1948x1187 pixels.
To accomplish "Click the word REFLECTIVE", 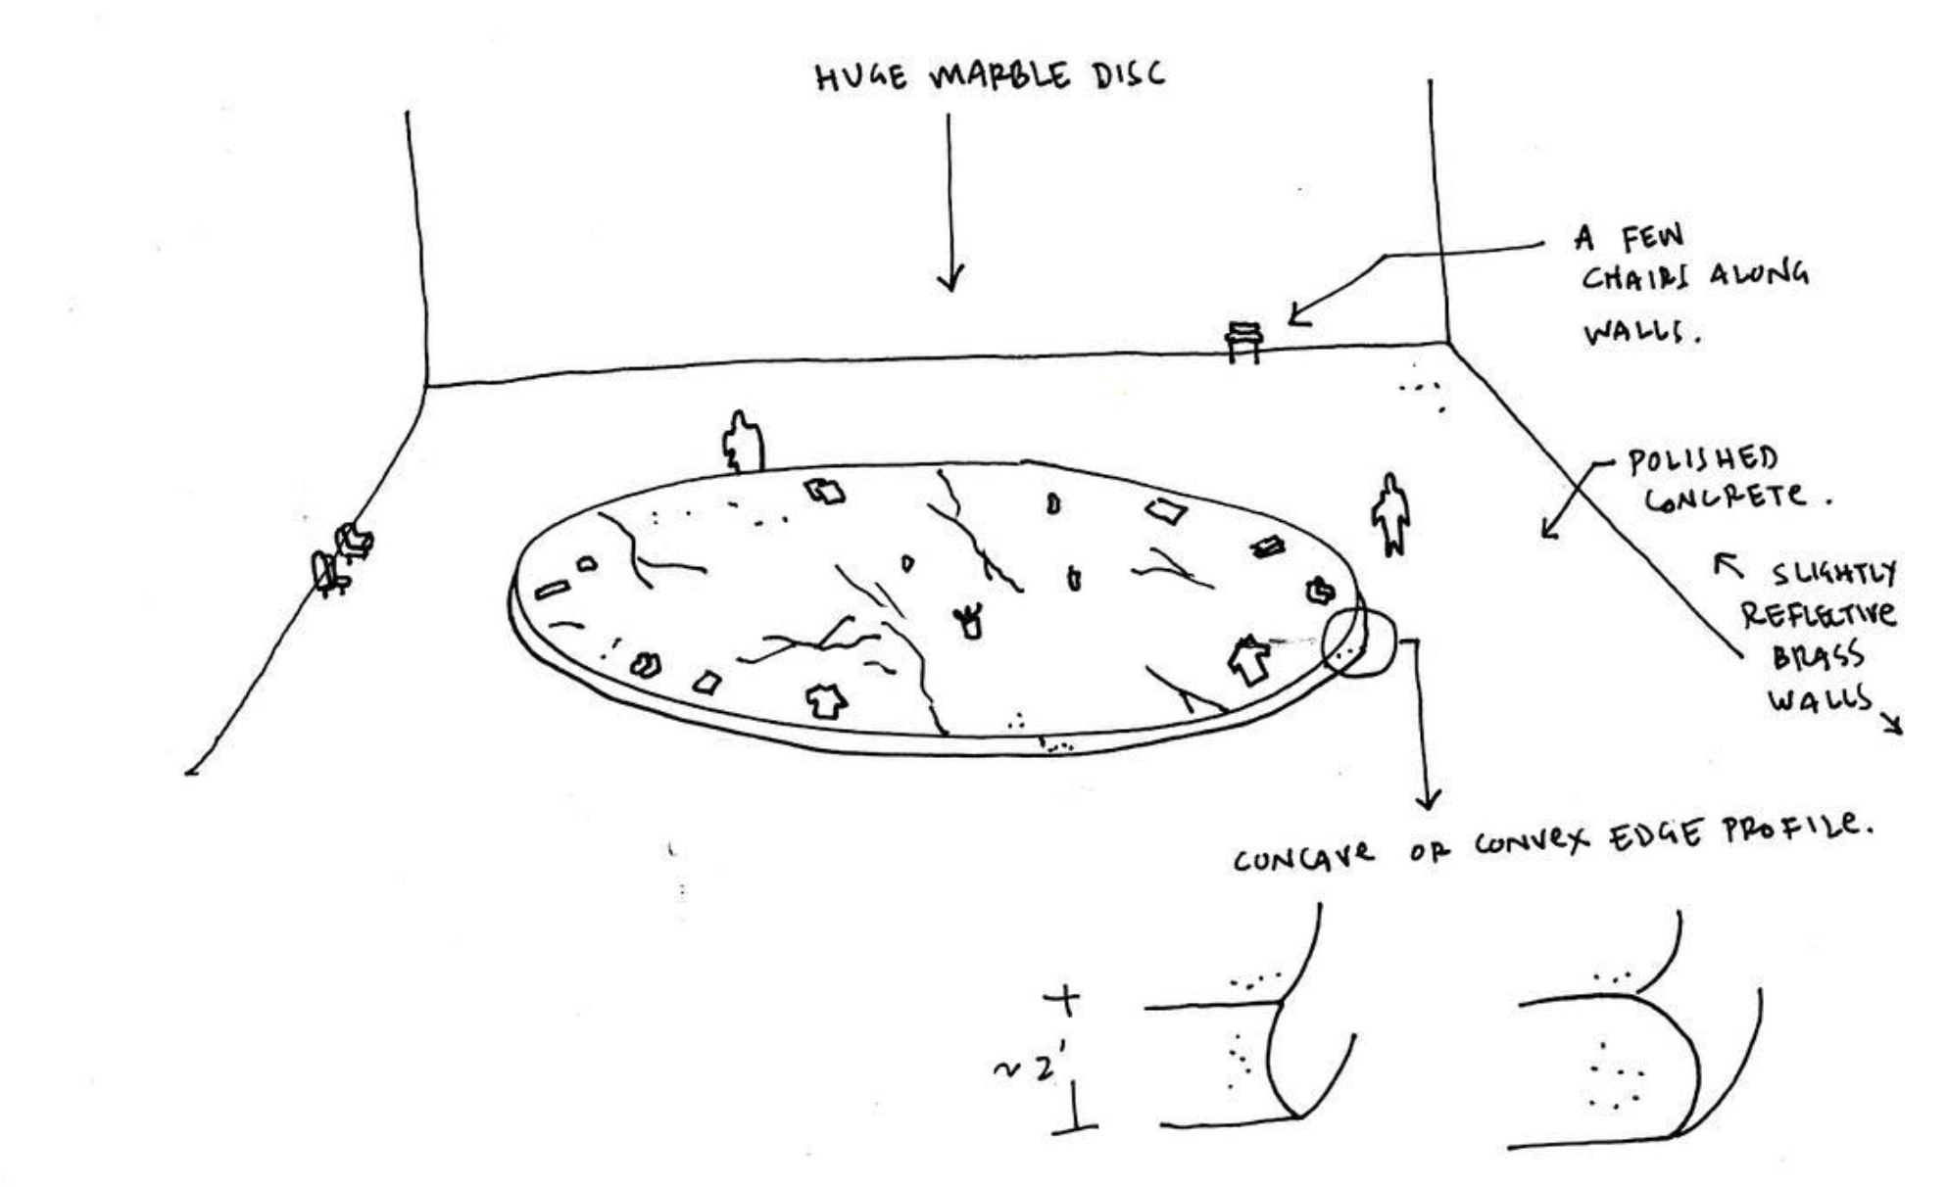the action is coord(1818,614).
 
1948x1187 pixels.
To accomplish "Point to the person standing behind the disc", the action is coord(743,442).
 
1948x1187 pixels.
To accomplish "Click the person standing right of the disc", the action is coord(1390,514).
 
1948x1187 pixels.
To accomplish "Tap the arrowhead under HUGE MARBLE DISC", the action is coord(950,278).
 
